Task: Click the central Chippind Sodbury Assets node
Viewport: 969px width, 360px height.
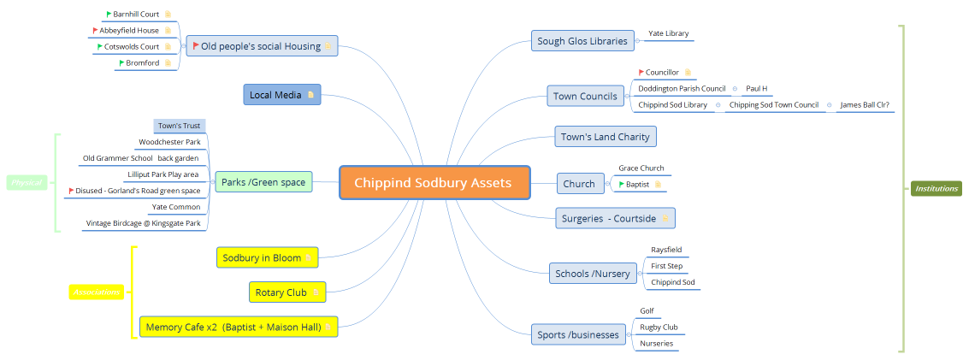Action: tap(434, 183)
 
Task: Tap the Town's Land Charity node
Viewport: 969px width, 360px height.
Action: tap(605, 137)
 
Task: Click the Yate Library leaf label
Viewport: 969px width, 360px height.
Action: tap(668, 33)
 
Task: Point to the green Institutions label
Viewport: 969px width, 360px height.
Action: tap(936, 188)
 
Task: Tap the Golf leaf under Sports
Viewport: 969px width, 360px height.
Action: tap(647, 311)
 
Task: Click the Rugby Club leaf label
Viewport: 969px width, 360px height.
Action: tap(659, 328)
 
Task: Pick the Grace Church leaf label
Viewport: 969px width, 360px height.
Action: tap(641, 168)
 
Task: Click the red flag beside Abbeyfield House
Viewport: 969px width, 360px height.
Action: tap(95, 31)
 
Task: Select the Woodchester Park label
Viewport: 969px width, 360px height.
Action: tap(169, 142)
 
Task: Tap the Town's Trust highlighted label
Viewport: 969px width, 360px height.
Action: tap(179, 126)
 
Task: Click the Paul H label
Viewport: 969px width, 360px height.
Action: tap(756, 89)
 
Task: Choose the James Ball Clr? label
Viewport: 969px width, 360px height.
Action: tap(864, 105)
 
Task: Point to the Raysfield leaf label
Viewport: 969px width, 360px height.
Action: tap(666, 251)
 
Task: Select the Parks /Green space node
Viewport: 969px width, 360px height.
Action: tap(263, 182)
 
